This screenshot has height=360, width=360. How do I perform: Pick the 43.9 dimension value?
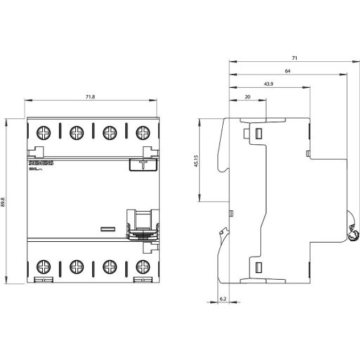pyautogui.click(x=269, y=84)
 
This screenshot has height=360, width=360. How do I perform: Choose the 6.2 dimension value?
pyautogui.click(x=222, y=300)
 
